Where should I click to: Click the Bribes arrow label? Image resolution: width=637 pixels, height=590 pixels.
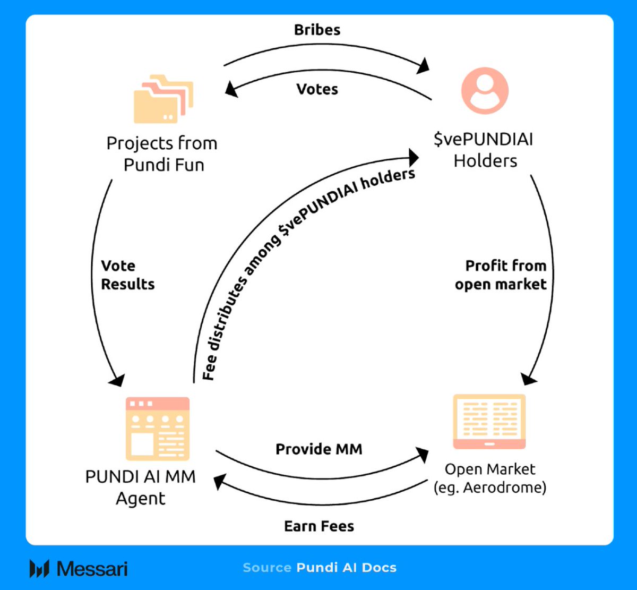pos(317,30)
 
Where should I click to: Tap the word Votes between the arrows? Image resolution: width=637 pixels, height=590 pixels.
pos(317,89)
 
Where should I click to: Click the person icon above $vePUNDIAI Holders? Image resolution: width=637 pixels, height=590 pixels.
pos(484,91)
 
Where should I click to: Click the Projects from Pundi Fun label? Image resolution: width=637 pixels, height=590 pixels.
pos(162,154)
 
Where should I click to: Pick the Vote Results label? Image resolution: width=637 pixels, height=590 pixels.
pos(127,275)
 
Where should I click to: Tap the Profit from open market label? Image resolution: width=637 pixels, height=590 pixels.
pos(500,275)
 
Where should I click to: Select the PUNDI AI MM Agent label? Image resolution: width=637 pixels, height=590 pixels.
pos(141,487)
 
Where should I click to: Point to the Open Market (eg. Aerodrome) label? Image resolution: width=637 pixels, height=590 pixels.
pos(489,478)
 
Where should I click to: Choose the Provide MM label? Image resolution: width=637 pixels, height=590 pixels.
pos(318,449)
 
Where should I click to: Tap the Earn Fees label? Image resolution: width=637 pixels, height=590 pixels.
pos(318,526)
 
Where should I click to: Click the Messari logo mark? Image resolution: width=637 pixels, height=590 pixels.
pos(39,568)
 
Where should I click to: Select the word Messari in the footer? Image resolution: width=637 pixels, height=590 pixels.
pos(92,568)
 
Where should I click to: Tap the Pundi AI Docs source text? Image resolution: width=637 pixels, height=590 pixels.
pos(346,567)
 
